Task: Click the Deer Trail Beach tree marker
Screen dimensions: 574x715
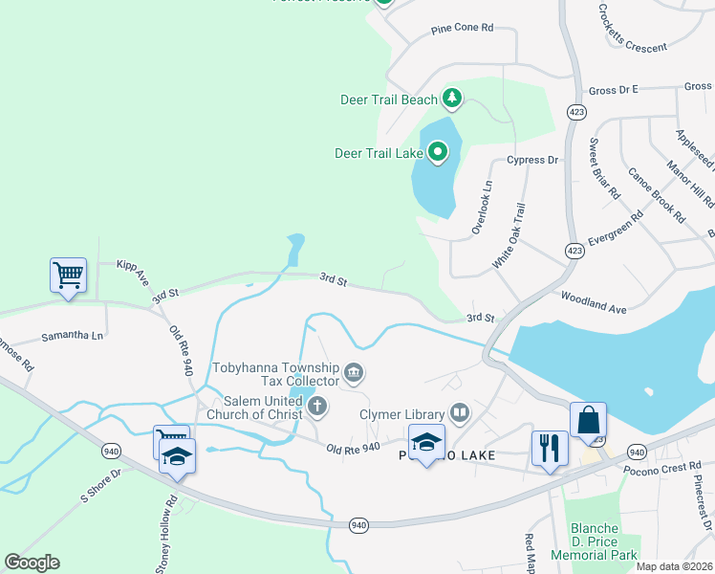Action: (x=452, y=99)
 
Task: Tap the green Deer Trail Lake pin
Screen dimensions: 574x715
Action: (x=438, y=151)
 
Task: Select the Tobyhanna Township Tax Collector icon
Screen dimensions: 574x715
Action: (x=353, y=371)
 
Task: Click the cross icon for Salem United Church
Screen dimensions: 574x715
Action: (x=317, y=408)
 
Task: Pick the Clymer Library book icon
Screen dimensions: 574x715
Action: (x=460, y=413)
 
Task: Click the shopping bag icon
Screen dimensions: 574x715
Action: (x=588, y=420)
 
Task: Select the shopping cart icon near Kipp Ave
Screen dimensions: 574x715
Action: (x=68, y=276)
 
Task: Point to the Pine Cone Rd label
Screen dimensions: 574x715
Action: (x=462, y=29)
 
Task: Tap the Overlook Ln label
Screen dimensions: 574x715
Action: (x=481, y=208)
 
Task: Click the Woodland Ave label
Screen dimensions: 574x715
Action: (x=593, y=302)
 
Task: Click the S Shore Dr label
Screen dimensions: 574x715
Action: (x=101, y=485)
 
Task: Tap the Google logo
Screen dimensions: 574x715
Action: (x=32, y=563)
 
